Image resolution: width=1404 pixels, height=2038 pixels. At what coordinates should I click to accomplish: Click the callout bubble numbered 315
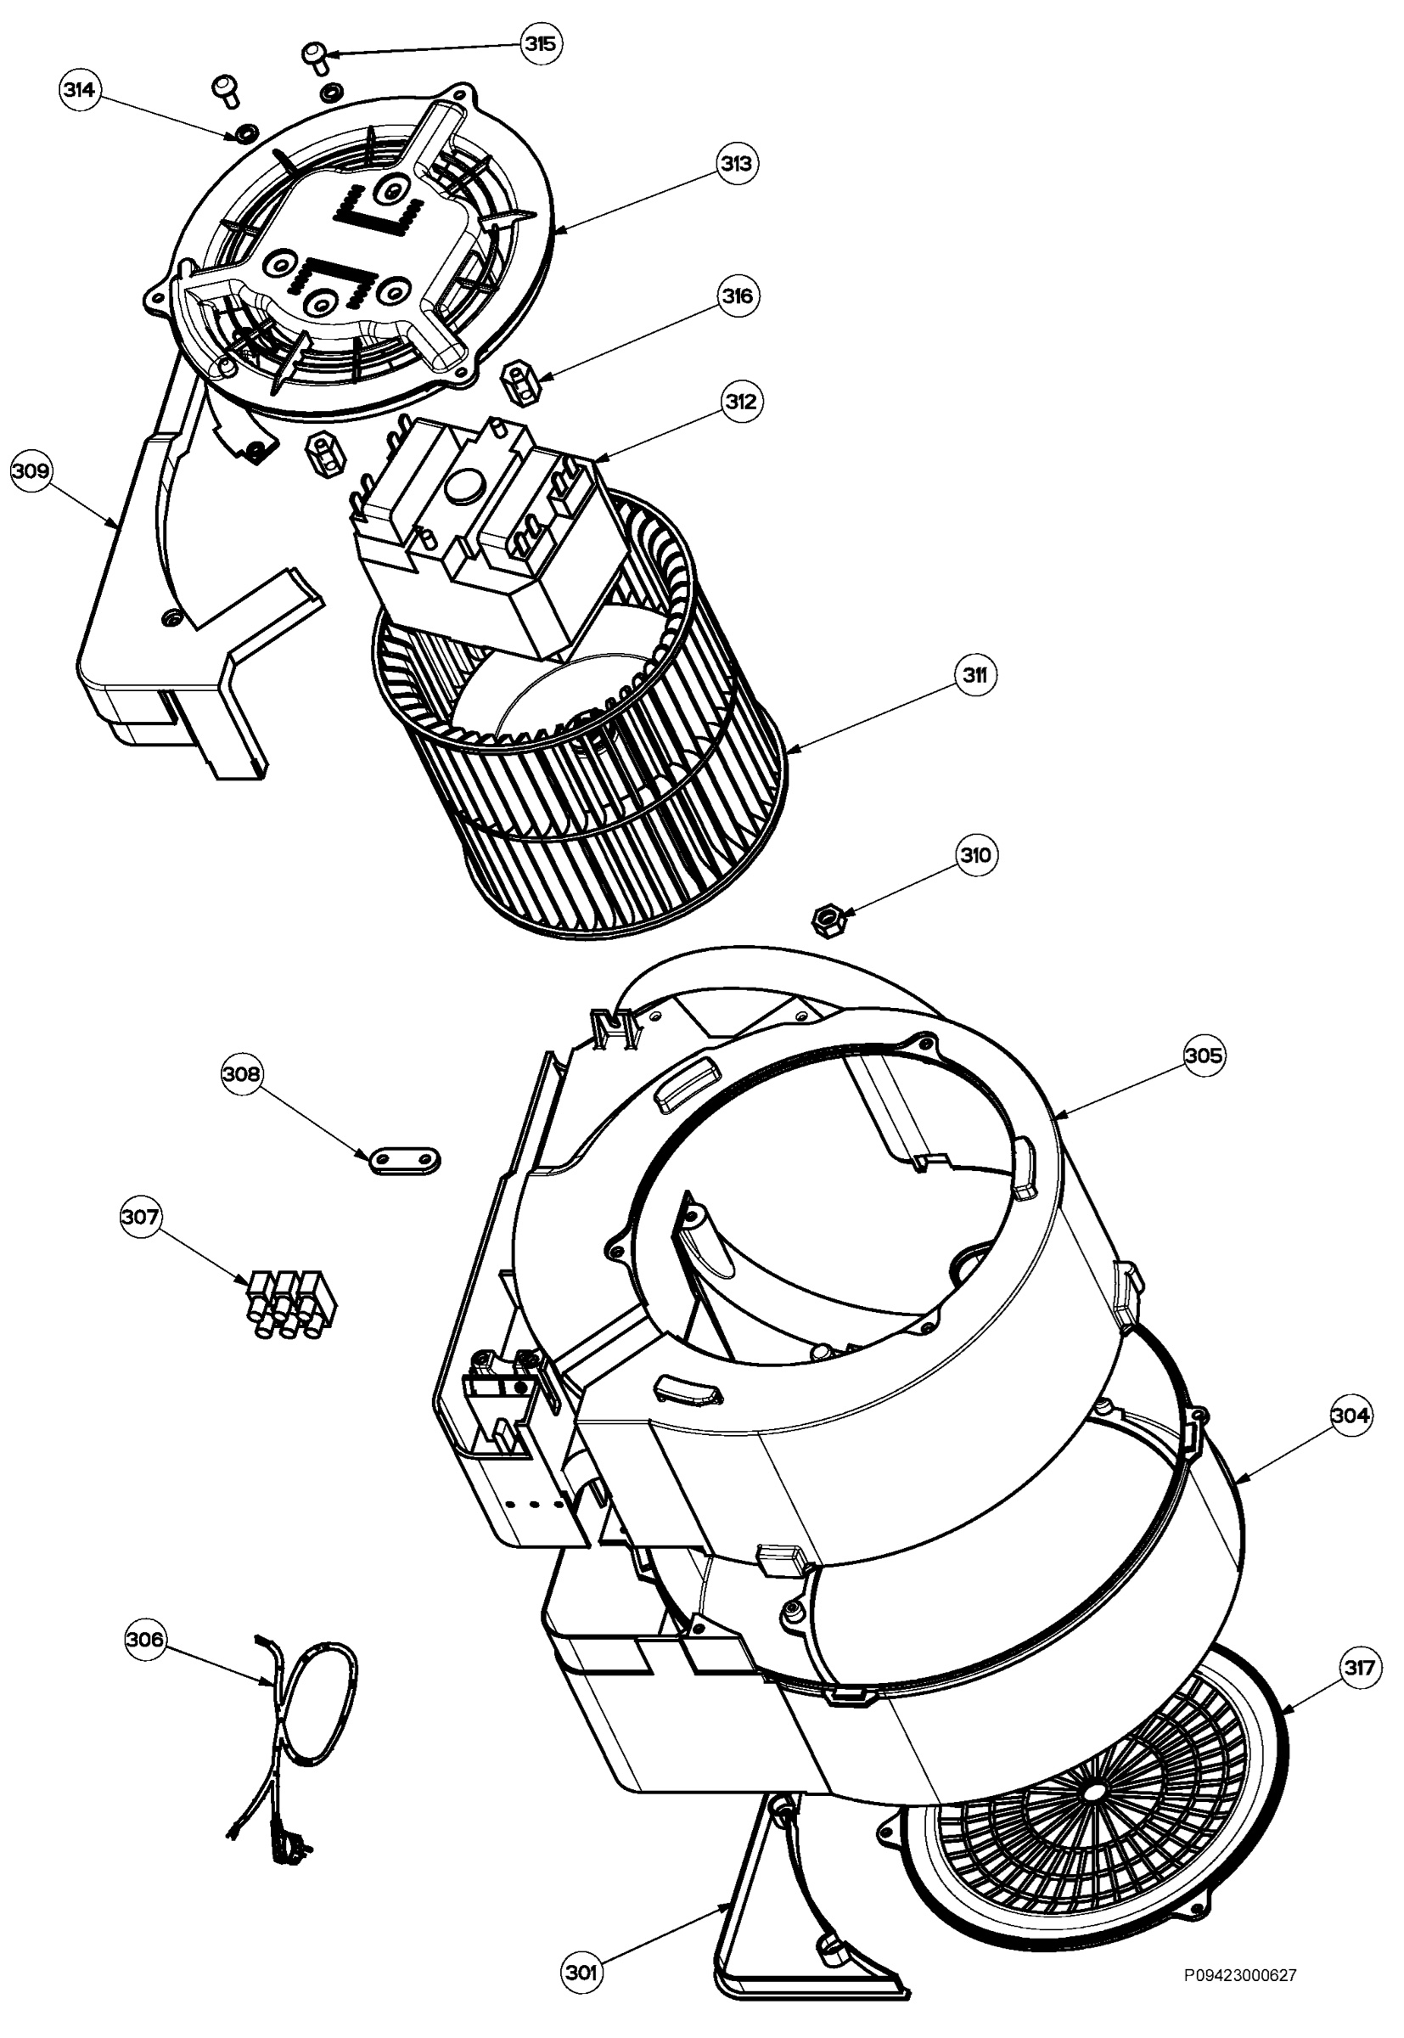point(541,44)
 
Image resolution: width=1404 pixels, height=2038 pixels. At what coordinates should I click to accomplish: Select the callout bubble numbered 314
point(81,91)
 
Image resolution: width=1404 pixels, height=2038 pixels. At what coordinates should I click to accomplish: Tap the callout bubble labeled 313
point(736,164)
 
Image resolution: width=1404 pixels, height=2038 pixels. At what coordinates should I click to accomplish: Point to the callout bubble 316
point(737,296)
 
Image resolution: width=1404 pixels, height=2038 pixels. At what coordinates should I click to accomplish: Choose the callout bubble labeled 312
point(741,402)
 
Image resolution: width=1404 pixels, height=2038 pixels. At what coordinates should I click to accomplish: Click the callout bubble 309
point(31,470)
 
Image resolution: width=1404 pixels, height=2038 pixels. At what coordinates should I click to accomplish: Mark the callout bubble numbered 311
point(974,676)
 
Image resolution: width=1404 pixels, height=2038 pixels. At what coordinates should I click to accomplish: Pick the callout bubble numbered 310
point(975,855)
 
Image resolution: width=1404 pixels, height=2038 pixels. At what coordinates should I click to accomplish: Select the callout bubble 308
point(241,1074)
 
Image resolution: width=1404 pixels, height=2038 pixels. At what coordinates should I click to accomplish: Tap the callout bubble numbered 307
point(141,1217)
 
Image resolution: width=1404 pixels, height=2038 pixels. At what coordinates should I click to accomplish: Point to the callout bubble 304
point(1351,1416)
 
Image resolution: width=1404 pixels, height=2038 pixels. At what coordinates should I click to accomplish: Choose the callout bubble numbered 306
point(145,1640)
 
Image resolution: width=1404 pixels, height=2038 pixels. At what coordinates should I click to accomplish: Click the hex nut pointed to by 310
point(827,921)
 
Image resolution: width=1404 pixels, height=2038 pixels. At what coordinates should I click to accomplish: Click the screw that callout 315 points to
point(315,57)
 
